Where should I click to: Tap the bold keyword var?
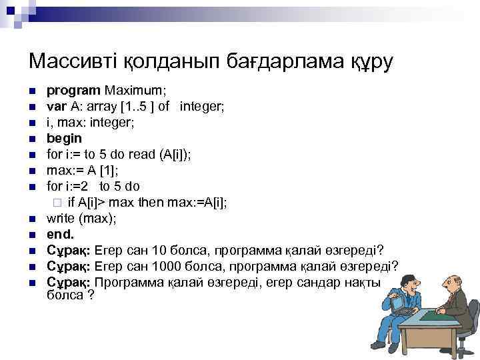tap(55, 106)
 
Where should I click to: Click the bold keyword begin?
tap(64, 138)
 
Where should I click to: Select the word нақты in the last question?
tap(363, 282)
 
